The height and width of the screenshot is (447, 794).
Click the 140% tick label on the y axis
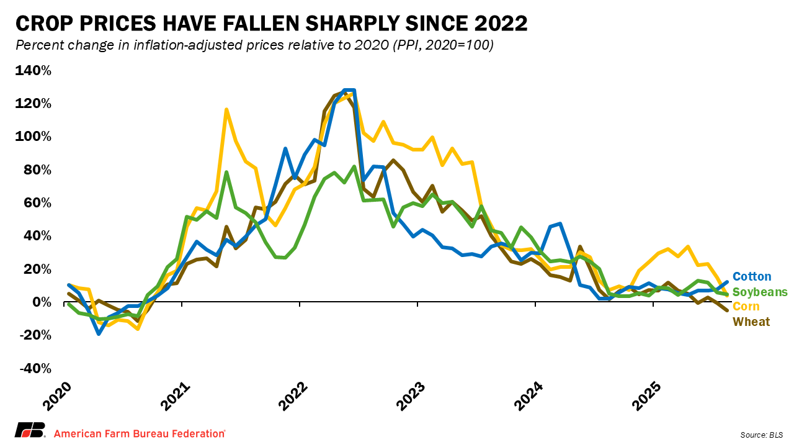click(33, 70)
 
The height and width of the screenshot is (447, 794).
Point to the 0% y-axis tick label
click(41, 302)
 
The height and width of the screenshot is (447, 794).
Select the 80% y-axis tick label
click(37, 169)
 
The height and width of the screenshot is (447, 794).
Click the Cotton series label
click(752, 277)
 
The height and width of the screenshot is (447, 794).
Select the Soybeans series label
click(760, 292)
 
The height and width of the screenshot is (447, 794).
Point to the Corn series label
click(746, 307)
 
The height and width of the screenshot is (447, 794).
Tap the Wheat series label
click(751, 322)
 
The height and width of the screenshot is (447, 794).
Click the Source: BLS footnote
click(761, 433)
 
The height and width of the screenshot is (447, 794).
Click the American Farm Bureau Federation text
click(140, 433)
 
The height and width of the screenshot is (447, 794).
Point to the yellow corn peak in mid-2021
click(226, 109)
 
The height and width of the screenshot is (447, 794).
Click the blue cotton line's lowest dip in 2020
click(99, 334)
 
